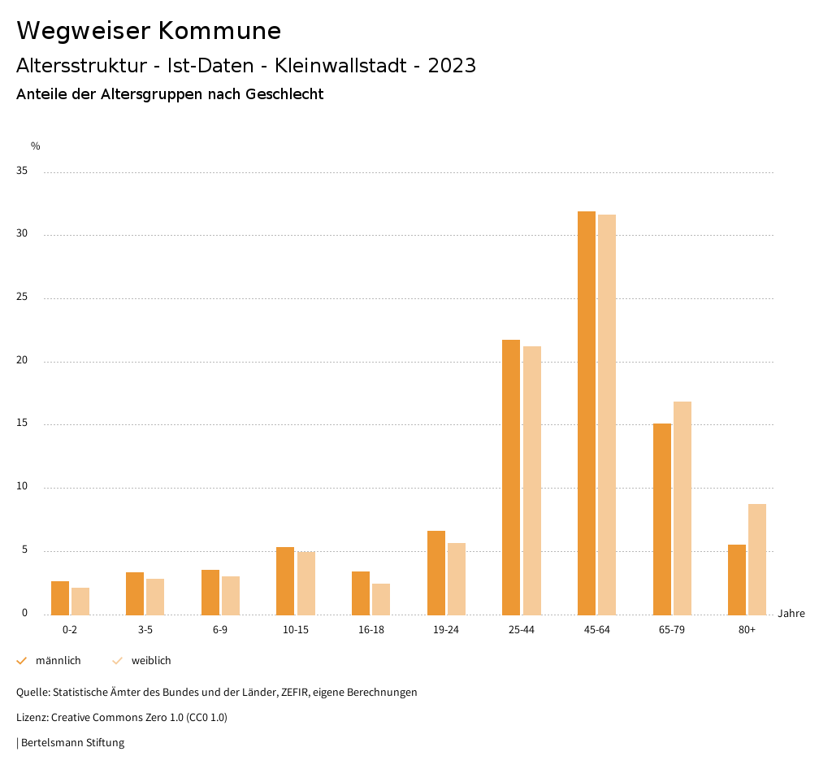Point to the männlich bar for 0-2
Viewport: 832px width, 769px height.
click(x=60, y=598)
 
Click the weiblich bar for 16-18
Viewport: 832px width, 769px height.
click(x=381, y=599)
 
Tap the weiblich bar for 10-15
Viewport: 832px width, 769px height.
click(x=306, y=583)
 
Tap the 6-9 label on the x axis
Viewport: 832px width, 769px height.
click(x=220, y=630)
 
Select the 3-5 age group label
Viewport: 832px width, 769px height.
click(x=145, y=630)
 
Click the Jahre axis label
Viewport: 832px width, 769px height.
click(x=791, y=614)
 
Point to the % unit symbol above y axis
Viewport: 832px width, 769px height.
click(x=36, y=146)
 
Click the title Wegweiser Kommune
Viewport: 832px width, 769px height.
click(x=149, y=31)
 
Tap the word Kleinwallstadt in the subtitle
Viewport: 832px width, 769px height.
click(x=341, y=66)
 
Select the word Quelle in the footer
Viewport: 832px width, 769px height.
click(x=32, y=693)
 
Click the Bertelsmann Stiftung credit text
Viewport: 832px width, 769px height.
click(x=72, y=743)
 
